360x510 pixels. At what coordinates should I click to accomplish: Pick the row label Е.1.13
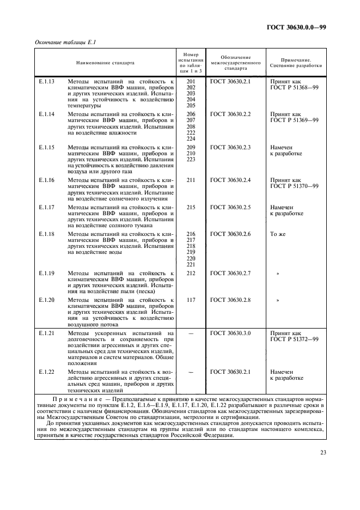pyautogui.click(x=48, y=81)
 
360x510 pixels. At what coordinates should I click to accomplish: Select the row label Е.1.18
pyautogui.click(x=48, y=234)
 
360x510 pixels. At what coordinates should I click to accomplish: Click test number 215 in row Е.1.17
pyautogui.click(x=191, y=207)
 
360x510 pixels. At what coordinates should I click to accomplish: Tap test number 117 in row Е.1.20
pyautogui.click(x=191, y=300)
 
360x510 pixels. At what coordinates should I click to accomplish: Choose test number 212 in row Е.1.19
pyautogui.click(x=191, y=273)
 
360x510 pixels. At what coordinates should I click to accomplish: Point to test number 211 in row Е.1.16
pyautogui.click(x=191, y=180)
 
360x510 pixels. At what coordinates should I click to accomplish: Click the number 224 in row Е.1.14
pyautogui.click(x=191, y=138)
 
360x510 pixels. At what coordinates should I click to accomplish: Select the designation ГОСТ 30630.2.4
pyautogui.click(x=230, y=180)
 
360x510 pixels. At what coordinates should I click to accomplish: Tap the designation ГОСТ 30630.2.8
pyautogui.click(x=230, y=300)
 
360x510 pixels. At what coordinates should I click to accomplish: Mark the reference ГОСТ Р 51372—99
pyautogui.click(x=294, y=339)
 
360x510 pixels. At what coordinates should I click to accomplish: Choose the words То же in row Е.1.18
pyautogui.click(x=278, y=234)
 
